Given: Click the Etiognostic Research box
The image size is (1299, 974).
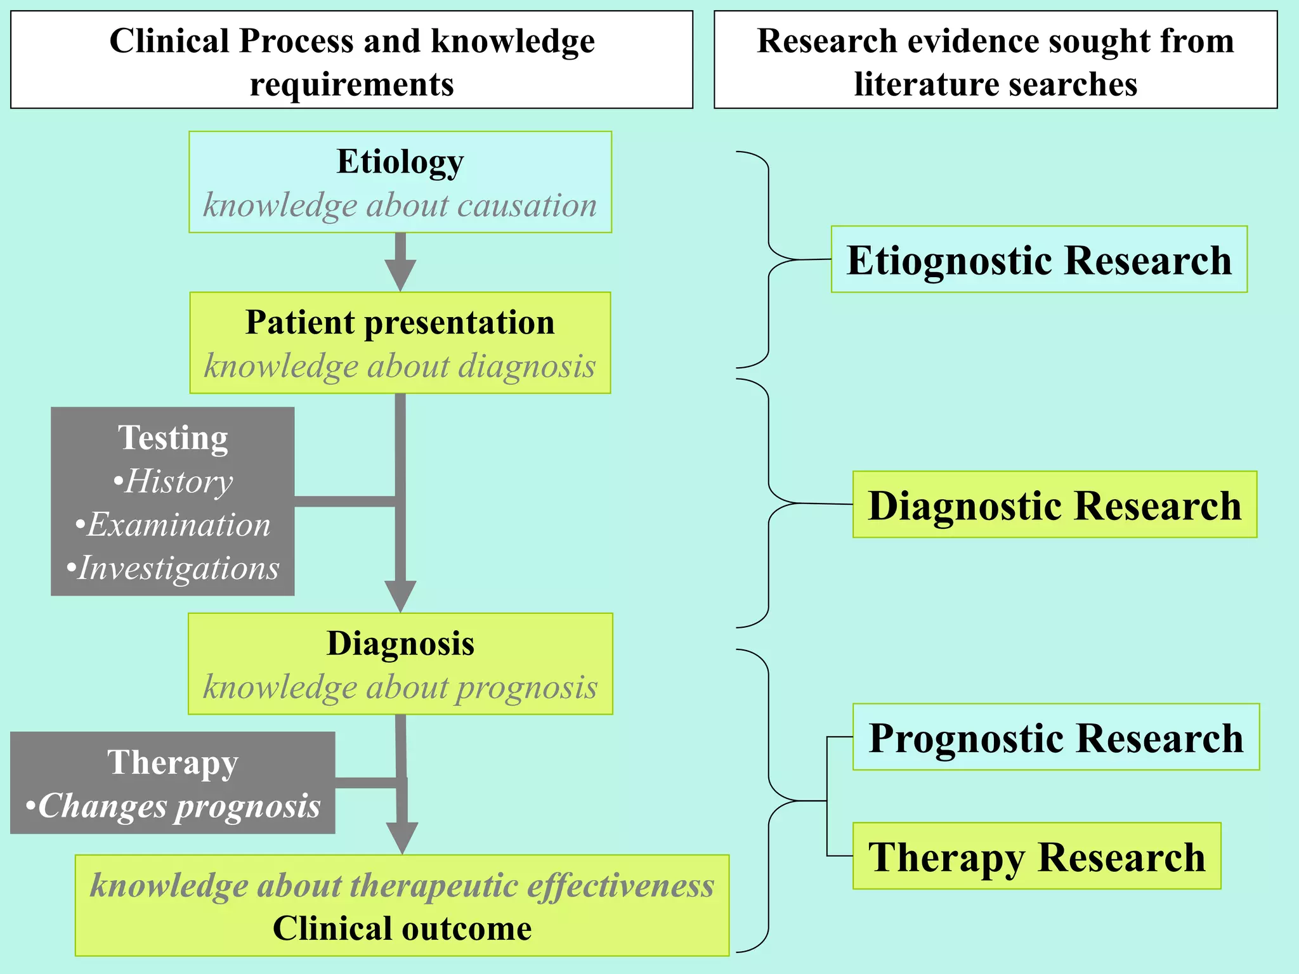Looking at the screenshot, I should pos(1039,259).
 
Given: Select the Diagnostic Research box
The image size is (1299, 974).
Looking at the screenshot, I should pos(1054,505).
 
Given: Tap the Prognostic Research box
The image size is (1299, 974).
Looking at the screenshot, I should pos(1055,737).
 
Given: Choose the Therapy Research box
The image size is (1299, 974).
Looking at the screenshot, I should pos(1036,856).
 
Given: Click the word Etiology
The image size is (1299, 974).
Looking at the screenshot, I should pos(400,161).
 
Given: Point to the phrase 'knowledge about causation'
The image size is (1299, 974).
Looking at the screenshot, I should pos(400,205).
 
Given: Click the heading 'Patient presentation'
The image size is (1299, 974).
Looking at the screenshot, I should pos(400,322).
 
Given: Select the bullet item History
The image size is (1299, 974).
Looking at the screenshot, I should pos(173,481).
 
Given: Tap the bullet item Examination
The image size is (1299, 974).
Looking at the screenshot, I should pos(173,525).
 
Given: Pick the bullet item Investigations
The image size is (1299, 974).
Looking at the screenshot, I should pos(173,568).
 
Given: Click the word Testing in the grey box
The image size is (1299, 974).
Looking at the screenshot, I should pos(173,438).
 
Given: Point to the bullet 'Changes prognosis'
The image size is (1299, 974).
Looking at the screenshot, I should pos(173,806).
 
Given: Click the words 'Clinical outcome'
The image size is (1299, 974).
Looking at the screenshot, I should pos(402,928).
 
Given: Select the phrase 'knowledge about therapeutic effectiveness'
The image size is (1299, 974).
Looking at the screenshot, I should pos(402,885).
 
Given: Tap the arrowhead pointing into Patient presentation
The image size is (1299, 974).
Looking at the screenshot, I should pos(400,276).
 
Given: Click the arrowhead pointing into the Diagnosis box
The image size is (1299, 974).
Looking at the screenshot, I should pos(400,596).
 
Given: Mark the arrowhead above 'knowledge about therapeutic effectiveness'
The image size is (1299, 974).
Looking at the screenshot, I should pos(402,838).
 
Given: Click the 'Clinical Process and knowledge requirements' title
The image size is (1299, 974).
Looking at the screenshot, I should pos(352,62).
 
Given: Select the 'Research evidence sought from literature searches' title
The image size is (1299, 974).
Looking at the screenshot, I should pos(995,62).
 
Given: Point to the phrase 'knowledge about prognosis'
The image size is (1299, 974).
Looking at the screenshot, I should pos(400,687).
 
